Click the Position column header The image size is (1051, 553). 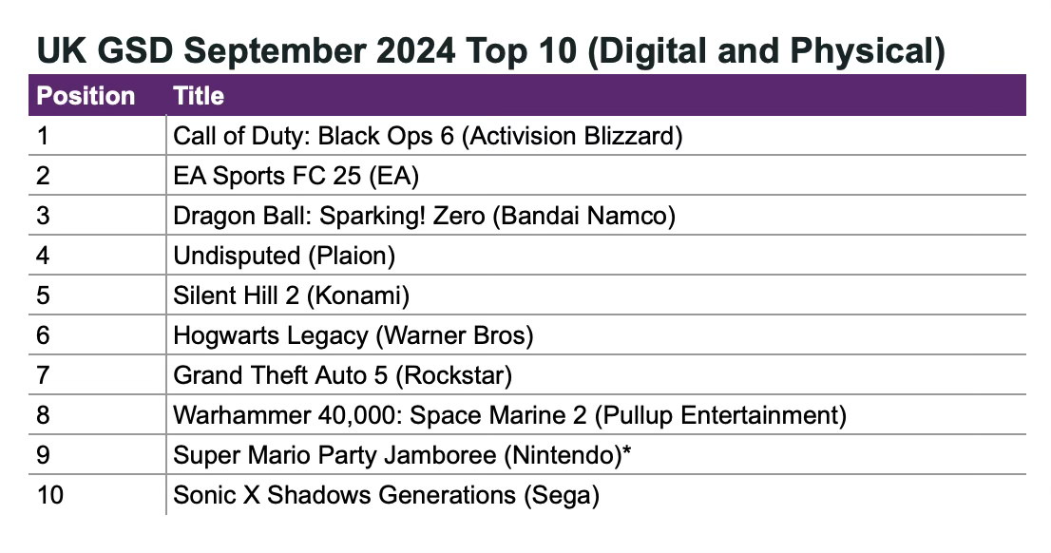click(x=86, y=96)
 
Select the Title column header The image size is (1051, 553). click(x=199, y=96)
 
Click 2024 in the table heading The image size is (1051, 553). click(x=418, y=50)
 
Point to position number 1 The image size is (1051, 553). click(x=42, y=136)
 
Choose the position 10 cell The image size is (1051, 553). click(x=49, y=495)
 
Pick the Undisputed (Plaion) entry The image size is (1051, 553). click(x=283, y=256)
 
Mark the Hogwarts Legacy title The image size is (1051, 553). click(x=270, y=335)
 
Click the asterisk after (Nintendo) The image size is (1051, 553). click(x=626, y=453)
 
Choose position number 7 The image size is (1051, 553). click(x=42, y=375)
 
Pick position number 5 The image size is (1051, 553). click(x=42, y=296)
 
